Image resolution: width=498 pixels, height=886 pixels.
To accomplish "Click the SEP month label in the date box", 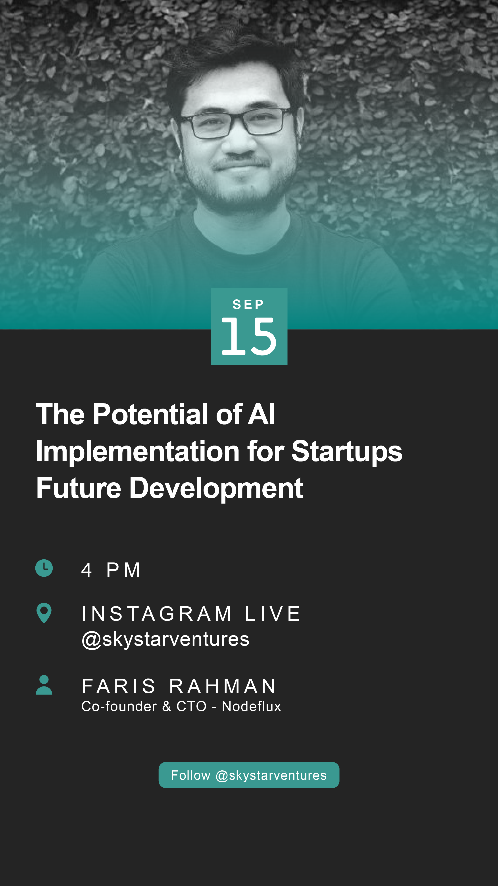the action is tap(248, 304).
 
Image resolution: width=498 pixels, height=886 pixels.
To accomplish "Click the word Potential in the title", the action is tap(150, 415).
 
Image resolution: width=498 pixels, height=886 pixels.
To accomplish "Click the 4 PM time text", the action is tap(111, 570).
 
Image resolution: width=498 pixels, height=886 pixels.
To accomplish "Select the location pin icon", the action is tap(44, 613).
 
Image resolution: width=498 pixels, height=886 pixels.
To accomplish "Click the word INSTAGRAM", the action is tap(156, 614).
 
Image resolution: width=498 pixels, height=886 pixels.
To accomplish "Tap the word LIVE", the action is tap(273, 614).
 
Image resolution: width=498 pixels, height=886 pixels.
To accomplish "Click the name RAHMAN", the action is tap(223, 686).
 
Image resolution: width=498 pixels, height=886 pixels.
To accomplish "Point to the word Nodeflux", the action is tap(252, 706).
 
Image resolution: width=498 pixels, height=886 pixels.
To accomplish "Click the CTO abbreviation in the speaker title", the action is tap(191, 706).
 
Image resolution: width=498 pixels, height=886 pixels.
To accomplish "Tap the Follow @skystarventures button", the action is tap(249, 775).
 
